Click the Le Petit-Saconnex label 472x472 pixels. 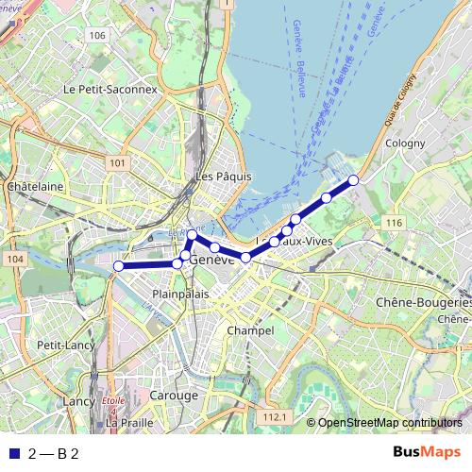110,88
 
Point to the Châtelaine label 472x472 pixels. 35,187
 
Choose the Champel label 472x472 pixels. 250,331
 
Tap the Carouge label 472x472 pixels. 173,395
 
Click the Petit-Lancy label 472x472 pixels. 62,346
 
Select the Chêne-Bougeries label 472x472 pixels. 423,303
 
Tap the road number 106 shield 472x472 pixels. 95,35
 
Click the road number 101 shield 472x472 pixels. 117,163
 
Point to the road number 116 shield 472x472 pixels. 394,223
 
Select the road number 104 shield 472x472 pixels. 12,259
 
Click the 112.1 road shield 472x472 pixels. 275,416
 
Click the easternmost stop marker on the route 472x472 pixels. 354,179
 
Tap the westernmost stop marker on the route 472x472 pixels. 118,266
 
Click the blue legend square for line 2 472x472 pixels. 12,453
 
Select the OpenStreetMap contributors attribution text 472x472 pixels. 389,423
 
